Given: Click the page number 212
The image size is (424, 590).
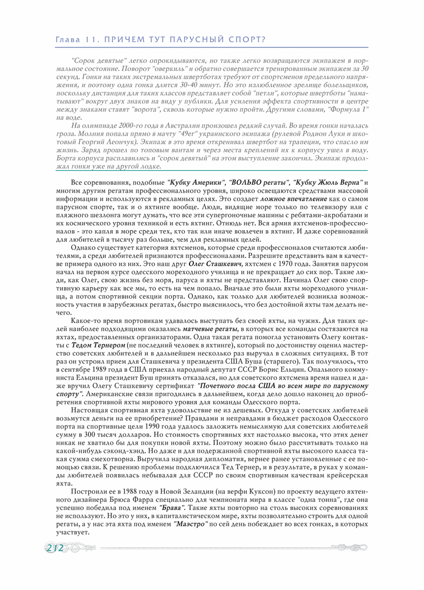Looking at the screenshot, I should point(54,547).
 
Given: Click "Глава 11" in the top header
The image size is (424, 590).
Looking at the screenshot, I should point(75,40).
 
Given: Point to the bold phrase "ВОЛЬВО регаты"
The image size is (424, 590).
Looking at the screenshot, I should point(257,183).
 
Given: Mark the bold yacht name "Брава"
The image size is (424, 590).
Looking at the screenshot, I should point(171,509).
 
